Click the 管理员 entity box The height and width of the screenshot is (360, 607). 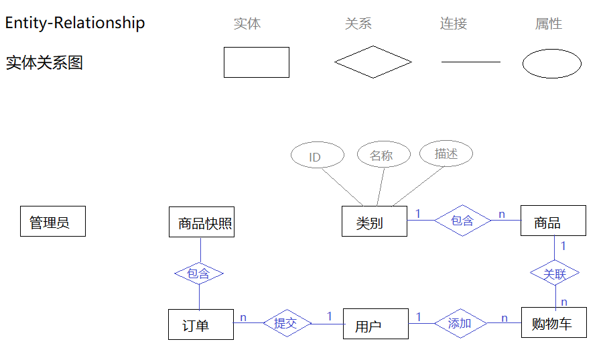click(x=53, y=221)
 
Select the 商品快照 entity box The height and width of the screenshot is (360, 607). click(x=202, y=222)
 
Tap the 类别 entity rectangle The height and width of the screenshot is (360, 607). click(x=374, y=221)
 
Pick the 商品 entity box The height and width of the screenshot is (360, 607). click(x=553, y=221)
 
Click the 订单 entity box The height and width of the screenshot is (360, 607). click(x=200, y=324)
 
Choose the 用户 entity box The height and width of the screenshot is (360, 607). click(x=375, y=324)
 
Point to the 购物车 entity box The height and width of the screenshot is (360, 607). click(x=553, y=322)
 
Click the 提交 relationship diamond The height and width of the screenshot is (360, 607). click(x=286, y=323)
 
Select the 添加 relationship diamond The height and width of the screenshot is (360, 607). click(x=460, y=323)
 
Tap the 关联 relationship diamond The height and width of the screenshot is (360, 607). click(x=555, y=273)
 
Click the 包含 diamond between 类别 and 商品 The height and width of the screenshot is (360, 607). click(x=462, y=220)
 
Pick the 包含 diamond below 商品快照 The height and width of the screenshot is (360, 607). click(x=198, y=274)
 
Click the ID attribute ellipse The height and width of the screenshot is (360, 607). click(x=317, y=156)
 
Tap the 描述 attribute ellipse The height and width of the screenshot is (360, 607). click(x=446, y=154)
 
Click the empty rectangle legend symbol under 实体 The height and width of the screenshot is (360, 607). click(x=256, y=62)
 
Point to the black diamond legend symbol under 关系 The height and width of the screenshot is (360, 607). click(x=373, y=62)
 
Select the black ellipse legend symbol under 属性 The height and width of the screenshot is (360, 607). click(x=551, y=64)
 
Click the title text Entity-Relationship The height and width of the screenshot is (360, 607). click(x=75, y=23)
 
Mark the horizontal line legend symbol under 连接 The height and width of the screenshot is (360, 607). click(x=470, y=62)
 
